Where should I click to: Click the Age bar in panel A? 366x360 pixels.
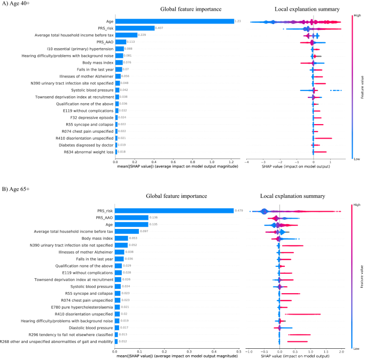pyautogui.click(x=174, y=21)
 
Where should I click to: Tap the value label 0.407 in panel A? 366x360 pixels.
pyautogui.click(x=159, y=28)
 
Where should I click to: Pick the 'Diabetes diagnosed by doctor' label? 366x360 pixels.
pyautogui.click(x=82, y=145)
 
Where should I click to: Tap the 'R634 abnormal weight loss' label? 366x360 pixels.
pyautogui.click(x=85, y=152)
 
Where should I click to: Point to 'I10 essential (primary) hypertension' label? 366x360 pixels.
pyautogui.click(x=75, y=48)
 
